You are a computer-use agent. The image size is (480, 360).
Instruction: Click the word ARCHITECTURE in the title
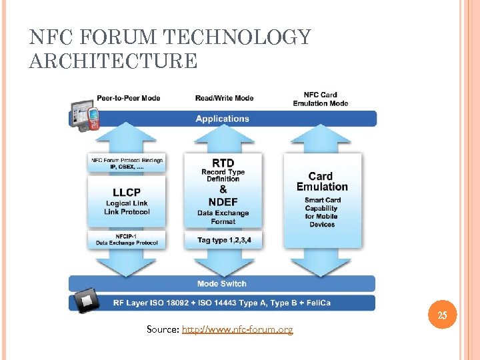pyautogui.click(x=113, y=61)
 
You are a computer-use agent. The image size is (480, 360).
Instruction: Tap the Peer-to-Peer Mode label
pyautogui.click(x=128, y=98)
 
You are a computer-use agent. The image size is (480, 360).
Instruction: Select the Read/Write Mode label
pyautogui.click(x=224, y=98)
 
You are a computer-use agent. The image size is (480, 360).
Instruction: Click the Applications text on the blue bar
pyautogui.click(x=222, y=119)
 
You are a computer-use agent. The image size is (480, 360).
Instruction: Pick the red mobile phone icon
pyautogui.click(x=93, y=118)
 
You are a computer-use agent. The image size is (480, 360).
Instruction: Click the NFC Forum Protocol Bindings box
pyautogui.click(x=127, y=163)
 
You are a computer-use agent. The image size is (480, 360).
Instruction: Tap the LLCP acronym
pyautogui.click(x=126, y=191)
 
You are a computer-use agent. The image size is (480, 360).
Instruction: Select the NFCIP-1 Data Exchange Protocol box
pyautogui.click(x=127, y=239)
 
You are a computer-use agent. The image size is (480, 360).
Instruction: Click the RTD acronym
pyautogui.click(x=223, y=163)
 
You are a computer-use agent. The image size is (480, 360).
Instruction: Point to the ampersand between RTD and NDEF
pyautogui.click(x=223, y=189)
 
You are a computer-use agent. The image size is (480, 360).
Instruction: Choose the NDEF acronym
pyautogui.click(x=223, y=201)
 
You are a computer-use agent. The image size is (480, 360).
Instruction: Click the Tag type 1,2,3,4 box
pyautogui.click(x=223, y=240)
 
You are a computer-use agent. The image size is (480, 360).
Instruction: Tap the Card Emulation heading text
pyautogui.click(x=322, y=181)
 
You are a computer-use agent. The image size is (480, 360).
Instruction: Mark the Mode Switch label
pyautogui.click(x=222, y=283)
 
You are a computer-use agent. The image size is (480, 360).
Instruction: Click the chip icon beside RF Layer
pyautogui.click(x=86, y=302)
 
